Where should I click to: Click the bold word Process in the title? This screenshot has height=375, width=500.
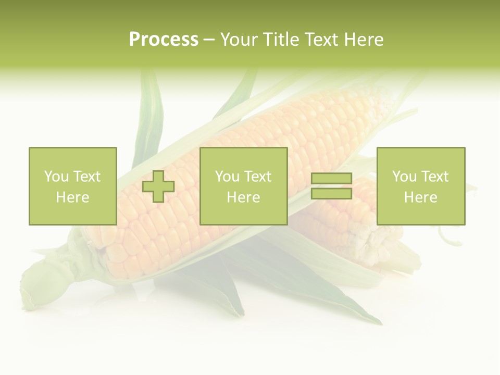(164, 40)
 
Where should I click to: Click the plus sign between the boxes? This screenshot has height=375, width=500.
(158, 186)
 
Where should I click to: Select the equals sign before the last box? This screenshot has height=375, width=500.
(331, 186)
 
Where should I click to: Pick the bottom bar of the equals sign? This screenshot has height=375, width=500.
(331, 194)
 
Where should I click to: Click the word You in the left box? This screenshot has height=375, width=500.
(56, 177)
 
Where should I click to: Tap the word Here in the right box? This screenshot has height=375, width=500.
(420, 197)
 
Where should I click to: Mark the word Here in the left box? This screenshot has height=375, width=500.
(72, 197)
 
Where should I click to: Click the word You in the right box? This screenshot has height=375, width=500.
(404, 177)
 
